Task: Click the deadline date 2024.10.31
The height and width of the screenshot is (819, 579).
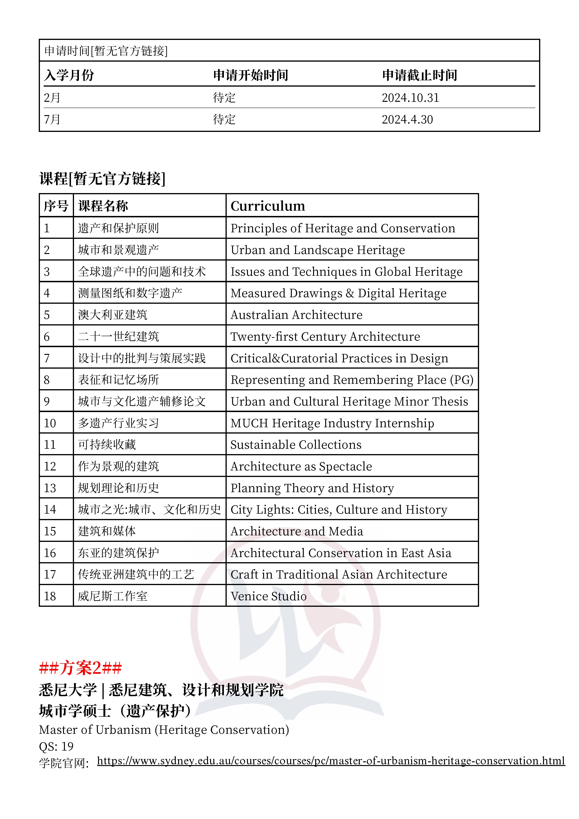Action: [x=410, y=98]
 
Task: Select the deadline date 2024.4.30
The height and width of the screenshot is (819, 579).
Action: [x=407, y=120]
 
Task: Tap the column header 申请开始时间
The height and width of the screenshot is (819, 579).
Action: [x=251, y=75]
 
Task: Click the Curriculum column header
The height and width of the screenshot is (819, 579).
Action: [x=268, y=206]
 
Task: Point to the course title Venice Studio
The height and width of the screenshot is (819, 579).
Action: [x=268, y=596]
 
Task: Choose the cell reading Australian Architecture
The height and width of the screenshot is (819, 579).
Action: [x=296, y=315]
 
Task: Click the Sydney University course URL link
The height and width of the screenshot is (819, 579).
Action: [x=331, y=761]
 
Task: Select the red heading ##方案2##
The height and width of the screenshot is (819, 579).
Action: [x=80, y=668]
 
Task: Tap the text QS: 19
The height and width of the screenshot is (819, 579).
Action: [x=56, y=746]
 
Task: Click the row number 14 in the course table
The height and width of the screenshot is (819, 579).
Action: [x=50, y=509]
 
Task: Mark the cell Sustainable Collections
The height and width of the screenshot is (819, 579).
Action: [x=296, y=445]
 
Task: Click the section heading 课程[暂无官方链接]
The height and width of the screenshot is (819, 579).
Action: [x=102, y=178]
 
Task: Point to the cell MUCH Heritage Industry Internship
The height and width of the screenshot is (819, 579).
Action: [x=332, y=423]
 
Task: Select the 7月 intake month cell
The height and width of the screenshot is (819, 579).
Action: [x=52, y=120]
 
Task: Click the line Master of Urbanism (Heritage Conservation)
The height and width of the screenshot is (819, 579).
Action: [x=164, y=730]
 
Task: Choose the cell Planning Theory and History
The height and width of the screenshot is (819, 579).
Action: [x=312, y=488]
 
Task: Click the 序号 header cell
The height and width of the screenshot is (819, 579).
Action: [x=56, y=206]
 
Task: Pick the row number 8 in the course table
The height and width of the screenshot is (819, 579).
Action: [x=47, y=380]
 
